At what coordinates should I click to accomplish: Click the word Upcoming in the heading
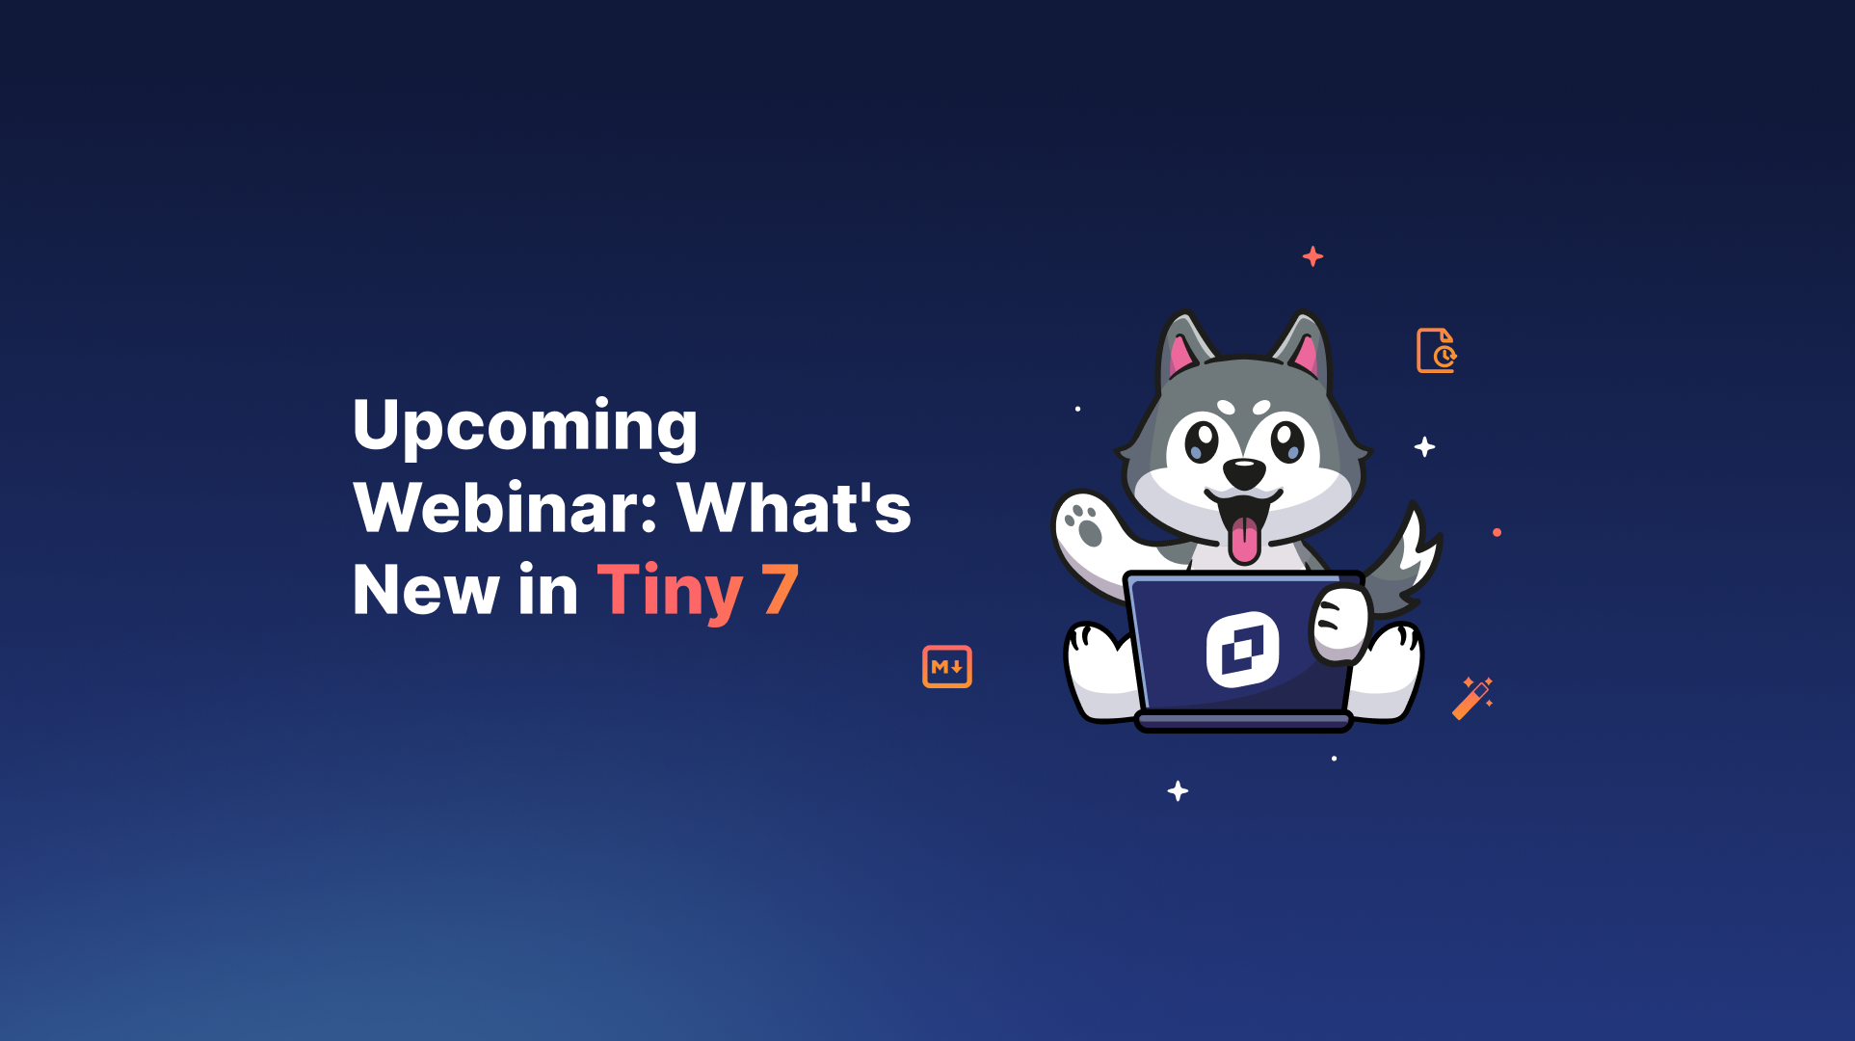[x=525, y=425]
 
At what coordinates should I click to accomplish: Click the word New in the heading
[x=425, y=590]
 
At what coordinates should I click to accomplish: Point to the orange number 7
[x=780, y=590]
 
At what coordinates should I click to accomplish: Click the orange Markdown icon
[x=946, y=667]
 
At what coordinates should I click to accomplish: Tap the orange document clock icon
[x=1436, y=351]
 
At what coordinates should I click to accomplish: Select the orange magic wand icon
[x=1471, y=699]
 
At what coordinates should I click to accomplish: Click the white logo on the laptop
[x=1242, y=650]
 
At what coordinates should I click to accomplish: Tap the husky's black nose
[x=1244, y=473]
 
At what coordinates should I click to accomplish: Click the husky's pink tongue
[x=1244, y=540]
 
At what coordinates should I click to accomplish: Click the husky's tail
[x=1410, y=563]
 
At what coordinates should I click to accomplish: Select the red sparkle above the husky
[x=1312, y=256]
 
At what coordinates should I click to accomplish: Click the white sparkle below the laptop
[x=1178, y=791]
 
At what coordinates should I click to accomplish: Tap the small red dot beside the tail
[x=1497, y=532]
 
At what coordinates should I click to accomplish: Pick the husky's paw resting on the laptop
[x=1339, y=625]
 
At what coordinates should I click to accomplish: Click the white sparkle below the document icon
[x=1424, y=447]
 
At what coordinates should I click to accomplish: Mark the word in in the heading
[x=547, y=590]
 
